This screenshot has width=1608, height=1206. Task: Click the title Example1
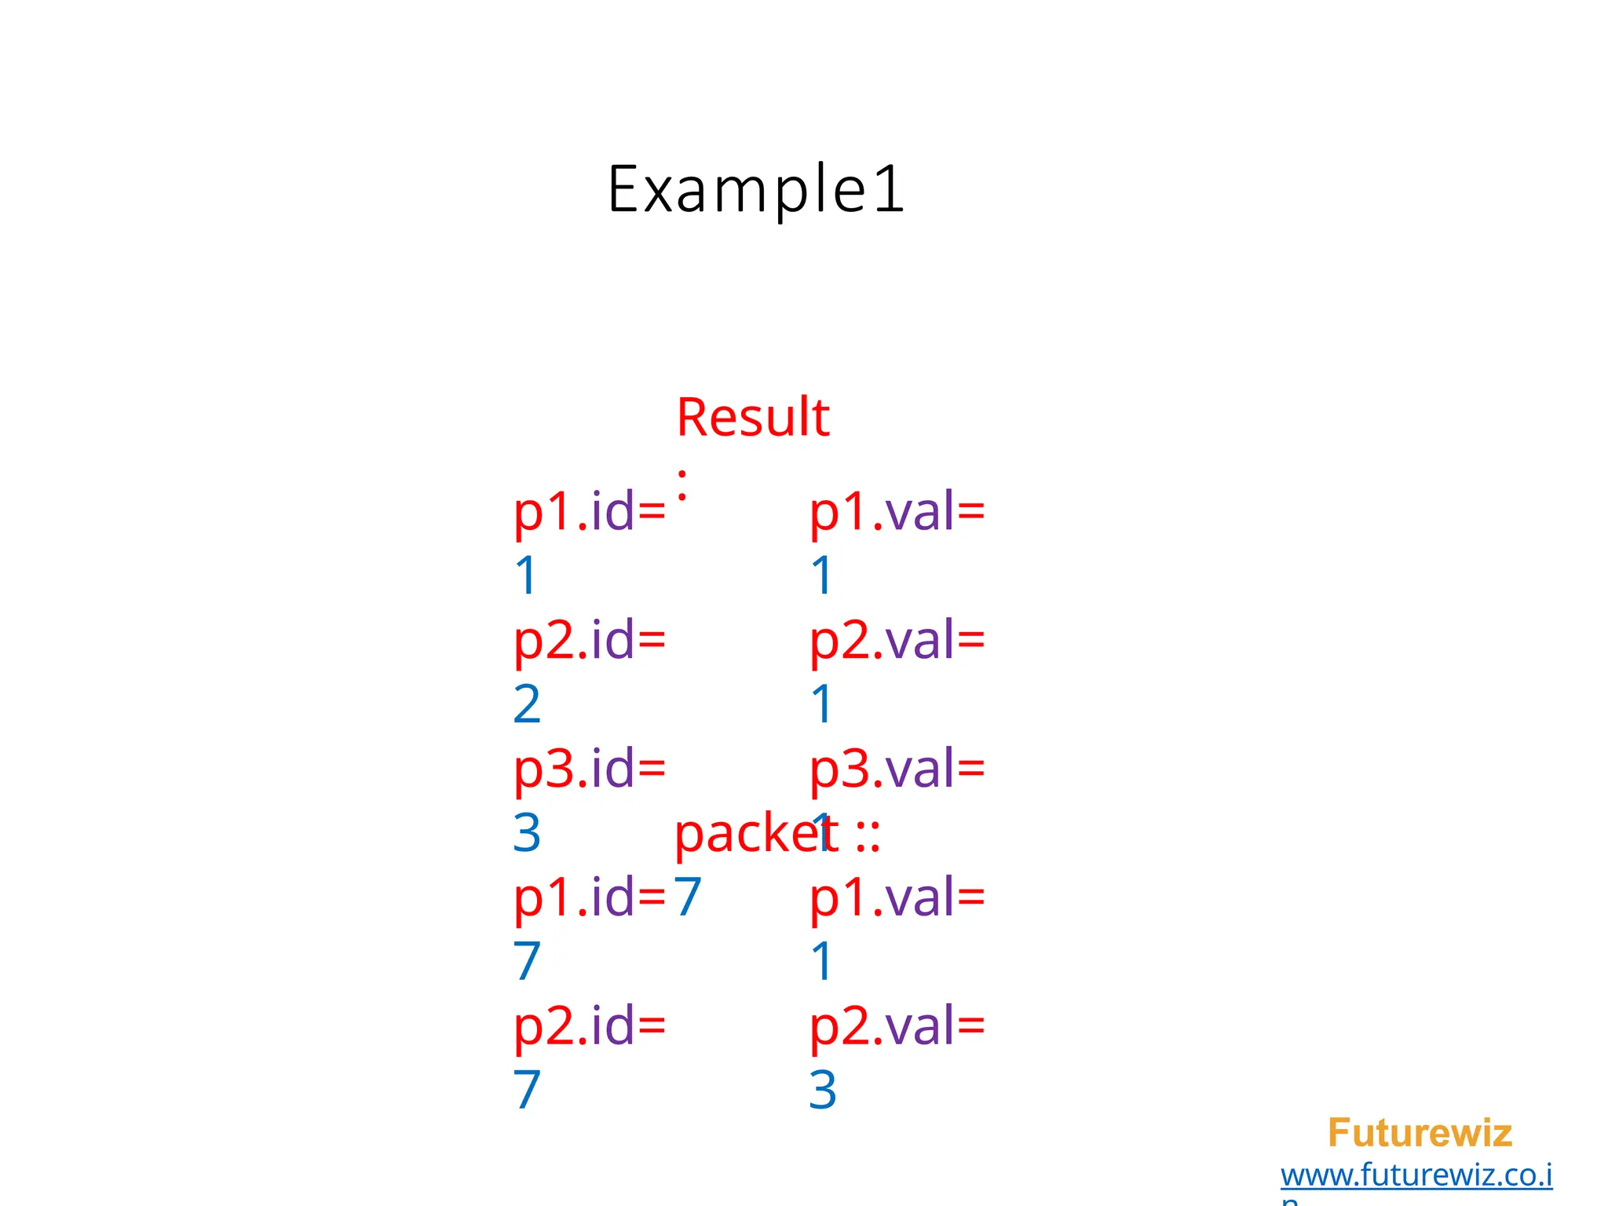click(x=755, y=189)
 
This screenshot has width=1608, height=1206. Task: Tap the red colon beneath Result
click(x=682, y=485)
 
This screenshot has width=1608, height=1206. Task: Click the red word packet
click(x=755, y=834)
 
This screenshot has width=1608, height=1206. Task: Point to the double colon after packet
click(x=868, y=835)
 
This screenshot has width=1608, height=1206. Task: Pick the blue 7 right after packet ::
click(x=688, y=897)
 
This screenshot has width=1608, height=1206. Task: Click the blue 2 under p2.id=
click(x=527, y=704)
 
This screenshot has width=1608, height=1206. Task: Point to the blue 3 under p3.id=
click(x=527, y=833)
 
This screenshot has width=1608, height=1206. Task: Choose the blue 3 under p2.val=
click(x=823, y=1090)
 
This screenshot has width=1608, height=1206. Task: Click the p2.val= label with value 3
click(x=897, y=1026)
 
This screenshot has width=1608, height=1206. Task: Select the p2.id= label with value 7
click(x=589, y=1026)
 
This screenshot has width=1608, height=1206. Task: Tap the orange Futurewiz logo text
click(x=1420, y=1133)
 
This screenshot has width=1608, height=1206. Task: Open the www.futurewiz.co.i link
click(x=1416, y=1175)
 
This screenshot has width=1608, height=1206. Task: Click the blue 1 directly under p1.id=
click(x=525, y=576)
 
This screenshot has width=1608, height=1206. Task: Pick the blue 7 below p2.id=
click(x=527, y=1090)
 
